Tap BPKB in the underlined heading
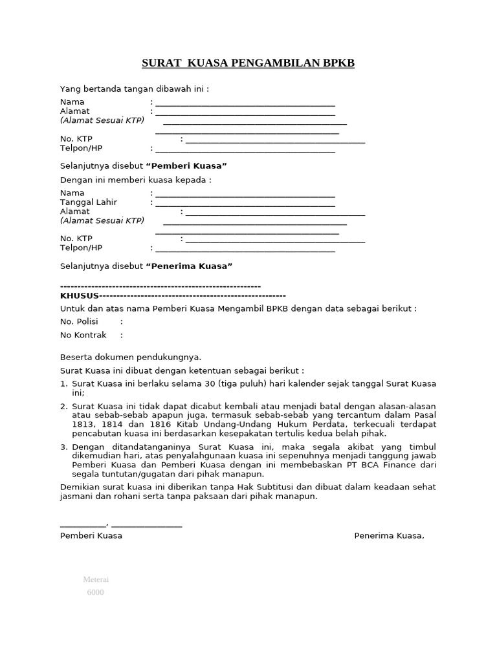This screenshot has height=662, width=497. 338,63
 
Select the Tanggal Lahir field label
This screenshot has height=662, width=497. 89,202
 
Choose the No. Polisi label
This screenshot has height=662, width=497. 79,322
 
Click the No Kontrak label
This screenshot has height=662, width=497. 82,335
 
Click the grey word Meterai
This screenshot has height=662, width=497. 95,579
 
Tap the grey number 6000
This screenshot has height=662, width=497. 95,592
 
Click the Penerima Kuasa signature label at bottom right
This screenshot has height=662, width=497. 389,536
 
